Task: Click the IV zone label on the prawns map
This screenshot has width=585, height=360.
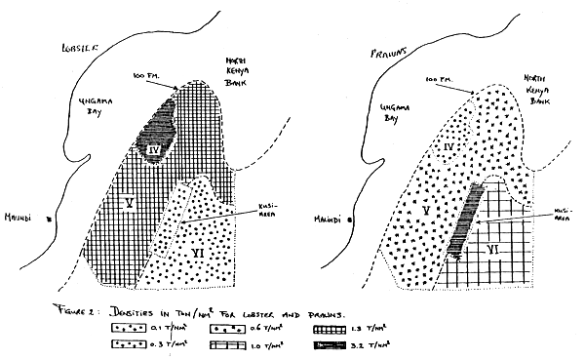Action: [449, 146]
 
